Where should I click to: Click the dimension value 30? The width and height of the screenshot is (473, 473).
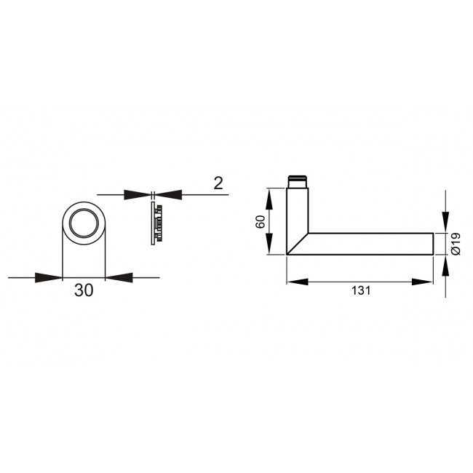pos(84,290)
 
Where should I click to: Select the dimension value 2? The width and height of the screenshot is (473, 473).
pos(218,183)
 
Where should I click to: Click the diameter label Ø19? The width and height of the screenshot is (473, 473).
pos(456,242)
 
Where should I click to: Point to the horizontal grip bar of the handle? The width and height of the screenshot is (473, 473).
pos(371,244)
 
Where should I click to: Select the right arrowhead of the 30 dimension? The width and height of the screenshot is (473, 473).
pos(118,277)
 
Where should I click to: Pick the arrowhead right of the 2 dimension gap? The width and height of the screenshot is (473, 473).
pos(169,194)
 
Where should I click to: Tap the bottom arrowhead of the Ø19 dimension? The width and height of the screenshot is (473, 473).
pos(445,266)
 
